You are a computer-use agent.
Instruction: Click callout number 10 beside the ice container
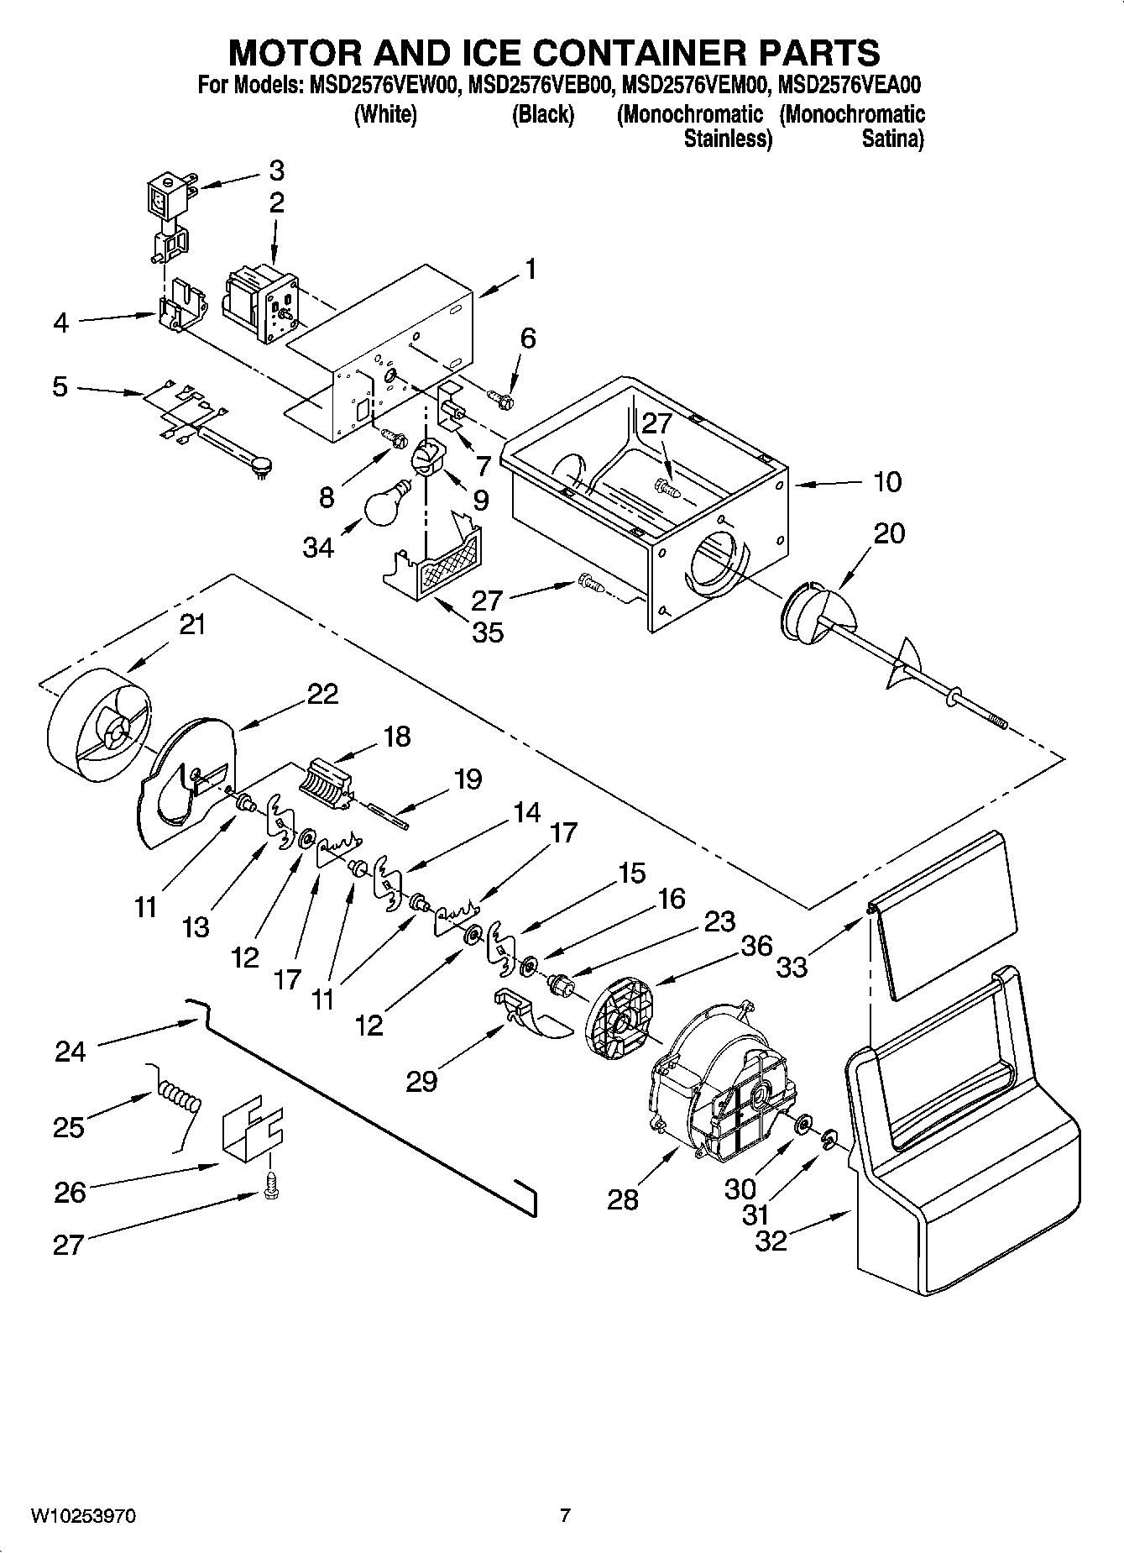click(886, 481)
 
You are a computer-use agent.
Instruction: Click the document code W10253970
click(83, 1515)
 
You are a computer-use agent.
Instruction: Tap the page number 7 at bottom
click(565, 1515)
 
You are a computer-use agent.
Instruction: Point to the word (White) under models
click(385, 114)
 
